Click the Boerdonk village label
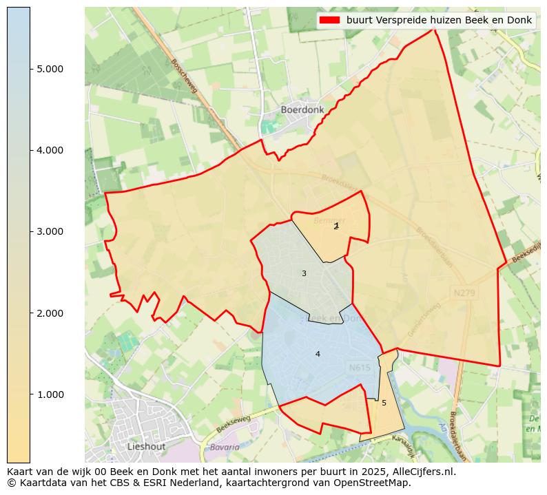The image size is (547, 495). pos(302,109)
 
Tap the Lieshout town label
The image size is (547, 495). pos(146,446)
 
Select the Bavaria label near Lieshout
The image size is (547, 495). pos(225,447)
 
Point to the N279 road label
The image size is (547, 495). pos(465,293)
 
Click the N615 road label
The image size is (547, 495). pos(360,368)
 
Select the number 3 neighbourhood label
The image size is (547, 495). pos(304,274)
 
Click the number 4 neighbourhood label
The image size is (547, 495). pos(318,354)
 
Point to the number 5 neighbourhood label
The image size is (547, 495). pos(384,403)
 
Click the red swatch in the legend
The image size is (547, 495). pos(330,21)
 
